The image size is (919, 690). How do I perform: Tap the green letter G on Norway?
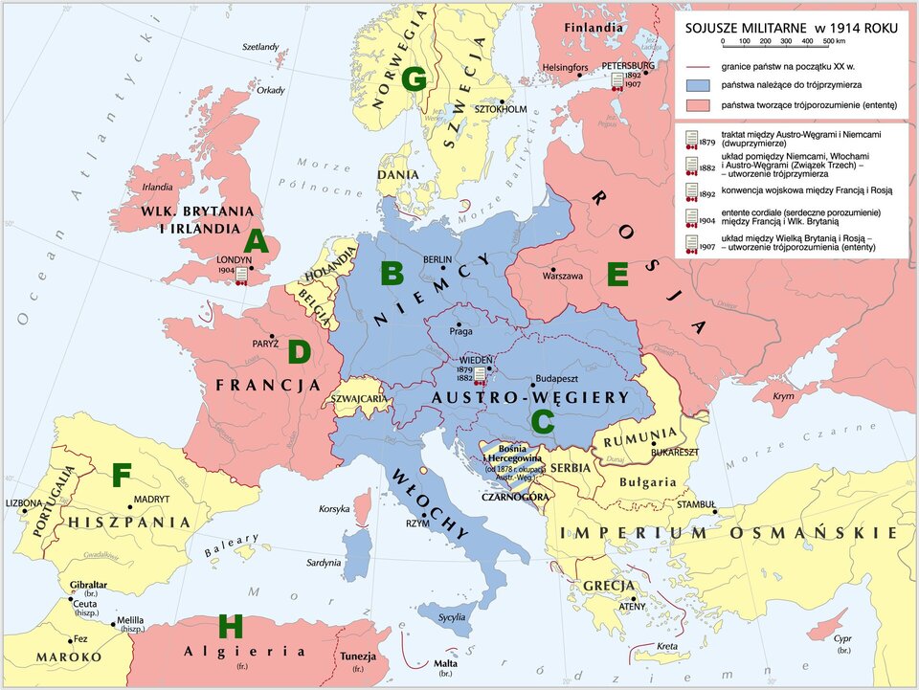click(414, 79)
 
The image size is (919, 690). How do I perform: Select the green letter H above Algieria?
click(231, 627)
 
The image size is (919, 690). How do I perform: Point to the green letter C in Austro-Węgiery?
click(542, 421)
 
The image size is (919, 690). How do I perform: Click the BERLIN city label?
click(437, 259)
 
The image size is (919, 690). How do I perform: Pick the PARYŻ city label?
click(265, 343)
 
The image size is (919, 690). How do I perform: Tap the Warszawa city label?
click(563, 276)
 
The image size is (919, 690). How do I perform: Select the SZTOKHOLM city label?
click(502, 109)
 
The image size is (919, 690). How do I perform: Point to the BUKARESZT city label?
click(675, 451)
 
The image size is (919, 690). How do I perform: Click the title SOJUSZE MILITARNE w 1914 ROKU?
click(792, 28)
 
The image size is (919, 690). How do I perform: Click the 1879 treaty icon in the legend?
click(689, 141)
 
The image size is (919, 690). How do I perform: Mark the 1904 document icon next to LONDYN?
click(242, 277)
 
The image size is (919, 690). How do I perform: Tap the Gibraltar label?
click(88, 584)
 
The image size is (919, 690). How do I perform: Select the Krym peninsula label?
click(783, 396)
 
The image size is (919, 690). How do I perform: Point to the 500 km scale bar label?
click(832, 42)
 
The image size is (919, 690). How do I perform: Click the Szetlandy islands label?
click(260, 47)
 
